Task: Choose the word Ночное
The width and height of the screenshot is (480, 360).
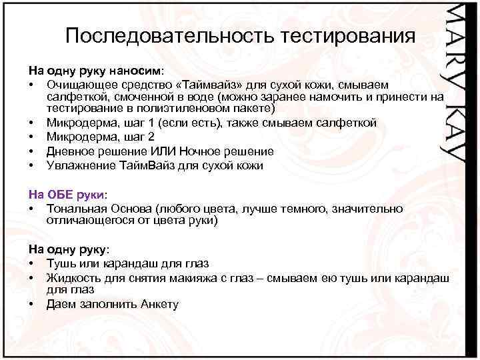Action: click(215, 151)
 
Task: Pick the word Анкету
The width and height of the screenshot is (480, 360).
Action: click(160, 305)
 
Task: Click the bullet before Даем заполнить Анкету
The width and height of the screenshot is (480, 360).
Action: click(32, 305)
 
